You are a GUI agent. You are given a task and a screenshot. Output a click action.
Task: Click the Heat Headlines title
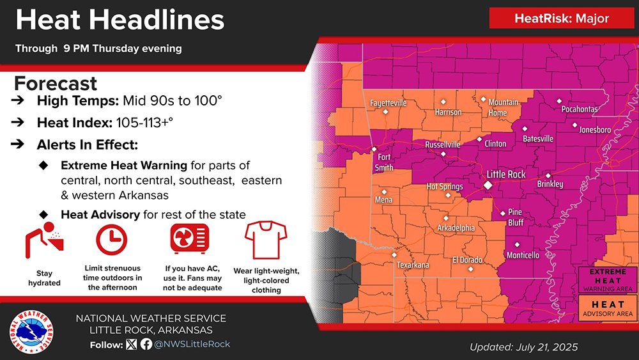119,20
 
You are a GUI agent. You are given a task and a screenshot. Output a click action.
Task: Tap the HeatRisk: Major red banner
562,19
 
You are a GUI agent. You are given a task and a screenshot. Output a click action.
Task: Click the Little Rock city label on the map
505,174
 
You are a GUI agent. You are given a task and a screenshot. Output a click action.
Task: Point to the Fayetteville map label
388,102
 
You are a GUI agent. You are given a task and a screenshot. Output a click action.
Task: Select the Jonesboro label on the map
594,130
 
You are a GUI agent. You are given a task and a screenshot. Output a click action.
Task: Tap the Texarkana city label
413,265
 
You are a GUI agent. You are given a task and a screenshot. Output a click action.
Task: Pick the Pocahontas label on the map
579,109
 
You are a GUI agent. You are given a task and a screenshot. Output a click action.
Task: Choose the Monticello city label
522,255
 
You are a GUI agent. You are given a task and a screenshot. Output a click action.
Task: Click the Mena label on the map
383,200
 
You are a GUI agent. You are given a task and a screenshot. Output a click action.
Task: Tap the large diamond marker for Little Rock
488,184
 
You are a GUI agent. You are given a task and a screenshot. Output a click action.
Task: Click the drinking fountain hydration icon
44,240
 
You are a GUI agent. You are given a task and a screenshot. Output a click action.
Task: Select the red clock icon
112,240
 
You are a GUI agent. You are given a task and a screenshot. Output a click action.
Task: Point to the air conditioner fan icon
190,239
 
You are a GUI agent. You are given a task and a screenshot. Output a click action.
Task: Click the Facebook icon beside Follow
146,344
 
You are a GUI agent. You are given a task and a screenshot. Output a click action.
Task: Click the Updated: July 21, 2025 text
523,347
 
